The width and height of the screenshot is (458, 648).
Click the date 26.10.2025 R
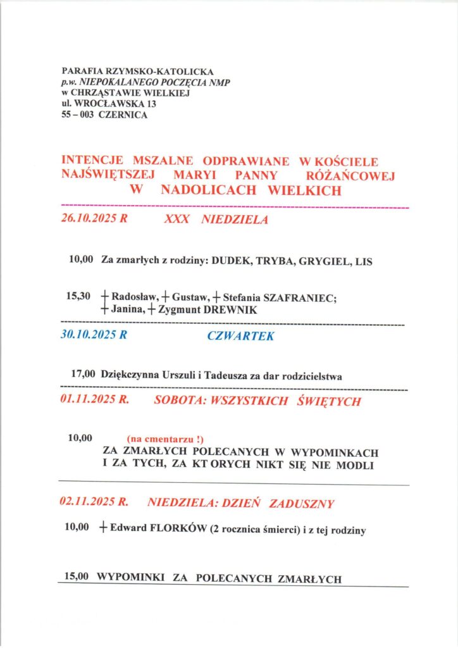click(x=94, y=220)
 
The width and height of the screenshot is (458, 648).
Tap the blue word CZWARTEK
click(x=240, y=337)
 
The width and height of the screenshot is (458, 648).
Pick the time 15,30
click(x=78, y=295)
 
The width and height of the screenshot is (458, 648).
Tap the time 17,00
click(x=84, y=375)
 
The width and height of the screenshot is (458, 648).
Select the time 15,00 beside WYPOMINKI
click(x=78, y=578)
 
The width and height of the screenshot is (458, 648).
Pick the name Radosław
click(x=132, y=296)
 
